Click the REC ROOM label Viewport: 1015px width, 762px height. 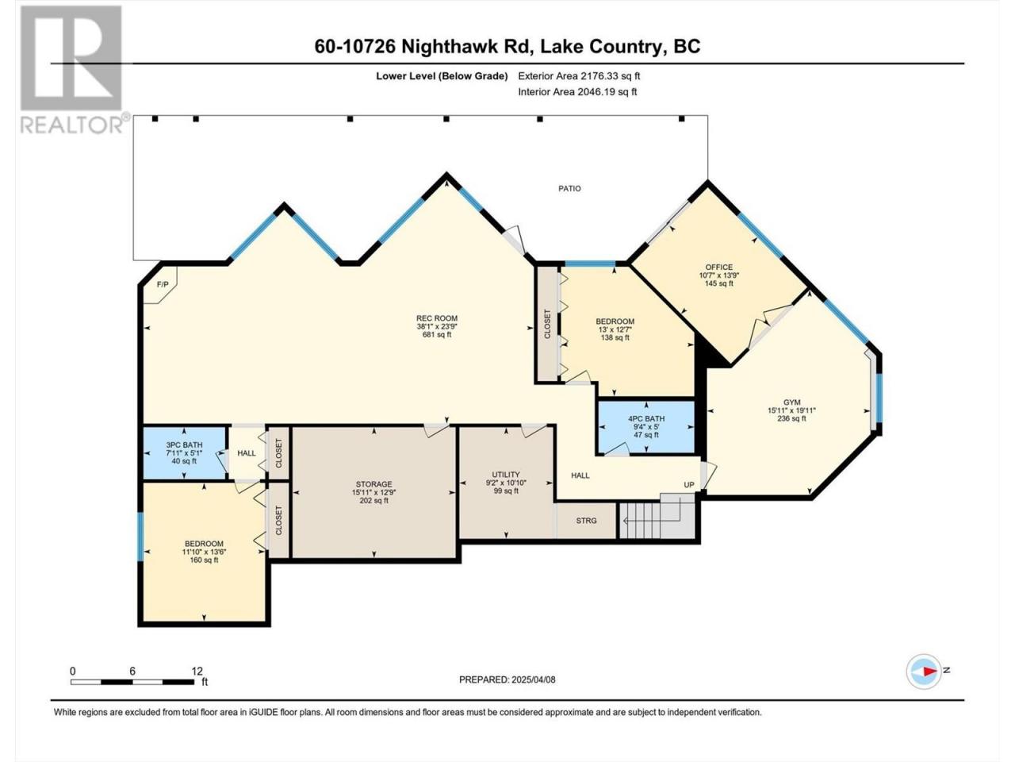[x=436, y=318]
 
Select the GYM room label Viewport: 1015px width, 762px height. [x=791, y=402]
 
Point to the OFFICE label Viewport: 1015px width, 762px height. [x=718, y=267]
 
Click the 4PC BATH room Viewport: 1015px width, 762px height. [x=646, y=426]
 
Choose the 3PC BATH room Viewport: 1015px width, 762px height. [x=184, y=452]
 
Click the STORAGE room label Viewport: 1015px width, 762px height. [x=373, y=484]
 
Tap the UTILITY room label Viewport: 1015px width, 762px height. [x=506, y=474]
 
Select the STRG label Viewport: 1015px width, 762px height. [x=586, y=521]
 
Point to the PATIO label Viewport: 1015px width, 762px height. [x=569, y=188]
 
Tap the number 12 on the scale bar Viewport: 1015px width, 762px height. [x=197, y=671]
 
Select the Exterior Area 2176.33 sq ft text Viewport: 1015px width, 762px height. [x=579, y=76]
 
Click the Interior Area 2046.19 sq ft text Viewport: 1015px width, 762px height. [x=577, y=91]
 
